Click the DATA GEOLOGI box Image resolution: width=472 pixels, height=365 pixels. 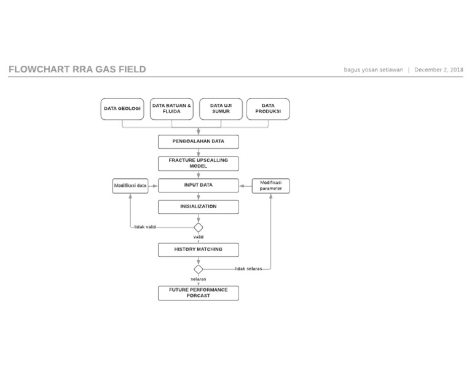pyautogui.click(x=122, y=109)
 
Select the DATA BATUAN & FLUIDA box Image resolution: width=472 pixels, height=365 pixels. pyautogui.click(x=171, y=109)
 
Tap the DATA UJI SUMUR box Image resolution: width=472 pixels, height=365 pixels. pyautogui.click(x=220, y=109)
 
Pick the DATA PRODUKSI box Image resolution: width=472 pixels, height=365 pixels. pyautogui.click(x=268, y=109)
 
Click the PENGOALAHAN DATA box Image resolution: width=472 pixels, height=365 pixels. pyautogui.click(x=198, y=141)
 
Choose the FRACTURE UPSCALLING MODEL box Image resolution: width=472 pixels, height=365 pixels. pyautogui.click(x=198, y=163)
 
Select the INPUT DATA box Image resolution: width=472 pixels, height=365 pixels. pyautogui.click(x=198, y=185)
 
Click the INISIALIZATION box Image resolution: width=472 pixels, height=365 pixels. pyautogui.click(x=198, y=206)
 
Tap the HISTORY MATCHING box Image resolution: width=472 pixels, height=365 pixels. pyautogui.click(x=198, y=249)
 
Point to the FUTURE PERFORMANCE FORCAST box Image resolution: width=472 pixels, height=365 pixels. pyautogui.click(x=198, y=292)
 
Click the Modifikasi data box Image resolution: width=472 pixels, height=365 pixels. pyautogui.click(x=130, y=186)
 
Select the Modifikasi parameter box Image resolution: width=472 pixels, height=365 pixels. pyautogui.click(x=271, y=186)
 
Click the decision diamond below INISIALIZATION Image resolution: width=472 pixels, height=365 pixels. pyautogui.click(x=199, y=227)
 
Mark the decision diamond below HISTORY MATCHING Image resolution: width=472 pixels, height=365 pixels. pyautogui.click(x=199, y=269)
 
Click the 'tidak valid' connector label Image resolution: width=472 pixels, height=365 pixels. pyautogui.click(x=144, y=227)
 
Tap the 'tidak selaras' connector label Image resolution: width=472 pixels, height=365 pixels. pyautogui.click(x=248, y=269)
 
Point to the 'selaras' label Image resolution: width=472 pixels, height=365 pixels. pyautogui.click(x=198, y=279)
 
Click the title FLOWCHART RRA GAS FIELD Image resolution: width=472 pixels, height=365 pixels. pyautogui.click(x=77, y=69)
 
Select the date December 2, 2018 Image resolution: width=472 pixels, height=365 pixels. pyautogui.click(x=439, y=70)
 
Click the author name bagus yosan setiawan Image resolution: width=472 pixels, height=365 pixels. pyautogui.click(x=373, y=70)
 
